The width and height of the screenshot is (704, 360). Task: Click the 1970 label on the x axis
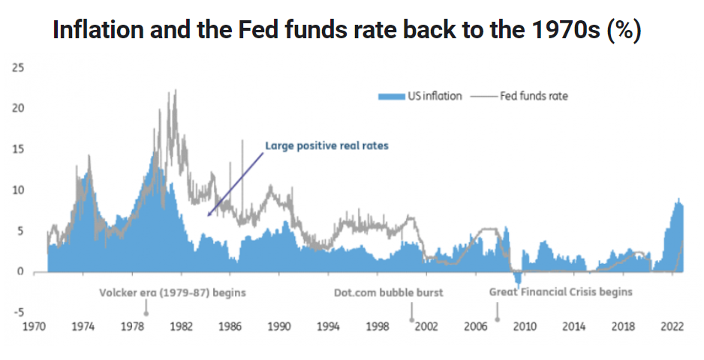[x=35, y=328]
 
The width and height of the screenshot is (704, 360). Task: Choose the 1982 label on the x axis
[x=181, y=328]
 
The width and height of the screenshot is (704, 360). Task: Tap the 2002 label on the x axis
[x=426, y=328]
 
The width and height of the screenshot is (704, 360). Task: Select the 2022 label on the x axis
[x=672, y=328]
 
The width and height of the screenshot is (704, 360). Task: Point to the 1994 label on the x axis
[x=328, y=328]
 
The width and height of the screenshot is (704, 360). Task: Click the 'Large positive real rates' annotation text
[x=327, y=146]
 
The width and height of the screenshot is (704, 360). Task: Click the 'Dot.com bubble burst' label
[x=389, y=292]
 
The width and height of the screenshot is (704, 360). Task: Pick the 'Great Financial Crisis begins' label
[x=561, y=292]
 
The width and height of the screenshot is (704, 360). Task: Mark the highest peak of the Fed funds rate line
[x=176, y=91]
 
